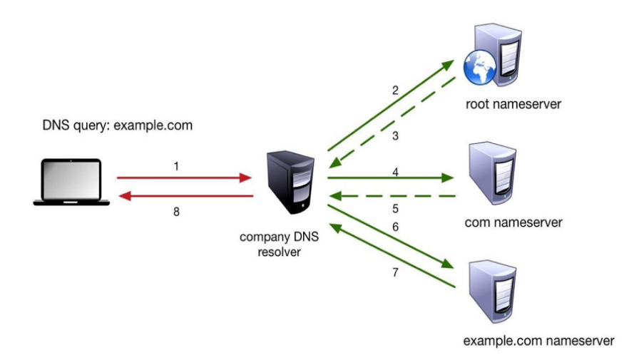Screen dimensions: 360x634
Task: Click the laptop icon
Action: coord(71,182)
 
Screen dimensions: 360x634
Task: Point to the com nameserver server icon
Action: coord(493,172)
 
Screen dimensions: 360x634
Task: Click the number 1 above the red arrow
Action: coord(175,165)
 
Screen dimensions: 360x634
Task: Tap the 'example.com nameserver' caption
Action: coord(538,340)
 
